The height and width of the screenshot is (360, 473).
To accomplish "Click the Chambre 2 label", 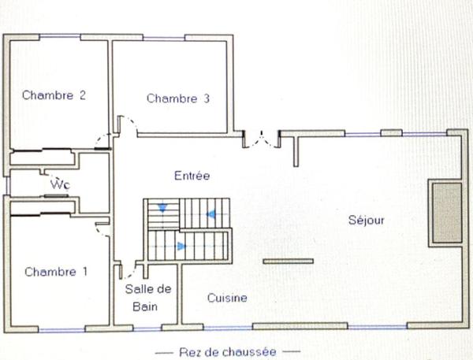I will [54, 95].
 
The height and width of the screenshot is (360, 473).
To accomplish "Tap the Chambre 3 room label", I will [177, 98].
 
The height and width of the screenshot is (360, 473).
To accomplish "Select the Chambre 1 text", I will [56, 272].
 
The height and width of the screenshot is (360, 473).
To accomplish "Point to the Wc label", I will [58, 184].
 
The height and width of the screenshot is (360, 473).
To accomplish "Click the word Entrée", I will [192, 176].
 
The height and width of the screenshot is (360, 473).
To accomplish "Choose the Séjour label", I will [367, 221].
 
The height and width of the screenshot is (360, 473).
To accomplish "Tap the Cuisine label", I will [227, 298].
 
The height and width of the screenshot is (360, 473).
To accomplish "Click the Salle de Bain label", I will [148, 296].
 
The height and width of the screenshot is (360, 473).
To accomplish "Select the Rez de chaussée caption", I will [228, 351].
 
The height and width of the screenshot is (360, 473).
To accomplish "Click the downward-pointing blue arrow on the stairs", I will [162, 208].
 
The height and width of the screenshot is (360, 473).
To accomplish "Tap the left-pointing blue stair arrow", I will [210, 213].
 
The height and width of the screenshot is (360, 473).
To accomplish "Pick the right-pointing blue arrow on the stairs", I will [182, 247].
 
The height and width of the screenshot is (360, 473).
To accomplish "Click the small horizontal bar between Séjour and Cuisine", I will [288, 261].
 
